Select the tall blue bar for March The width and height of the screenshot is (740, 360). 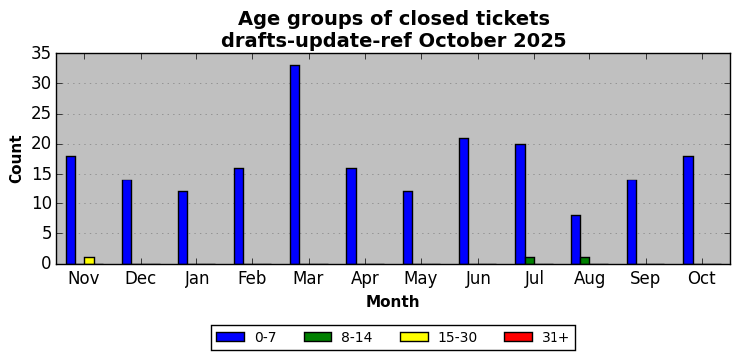pos(295,165)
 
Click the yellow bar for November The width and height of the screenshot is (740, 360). pos(89,261)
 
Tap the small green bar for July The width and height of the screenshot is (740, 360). pos(530,261)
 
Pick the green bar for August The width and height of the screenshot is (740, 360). pos(585,261)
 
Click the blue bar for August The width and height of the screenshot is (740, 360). pos(576,240)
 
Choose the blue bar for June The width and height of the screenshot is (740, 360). pos(464,201)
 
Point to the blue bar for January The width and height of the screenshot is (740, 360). pos(183,228)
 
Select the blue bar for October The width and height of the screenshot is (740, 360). pos(688,210)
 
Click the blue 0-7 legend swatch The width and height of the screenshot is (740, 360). pos(230,337)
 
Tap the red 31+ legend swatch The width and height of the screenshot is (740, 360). pos(518,337)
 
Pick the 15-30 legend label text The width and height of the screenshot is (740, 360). pos(458,337)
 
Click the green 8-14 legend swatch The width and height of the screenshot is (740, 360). pos(318,337)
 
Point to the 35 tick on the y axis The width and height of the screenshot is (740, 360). pos(41,53)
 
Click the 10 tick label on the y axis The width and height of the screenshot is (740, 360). pos(41,204)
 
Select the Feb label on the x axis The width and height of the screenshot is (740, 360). pos(252,278)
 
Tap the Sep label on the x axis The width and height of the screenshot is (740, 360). pos(645,279)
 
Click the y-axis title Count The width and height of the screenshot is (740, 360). pos(16,160)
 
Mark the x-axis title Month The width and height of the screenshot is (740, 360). pos(393,301)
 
